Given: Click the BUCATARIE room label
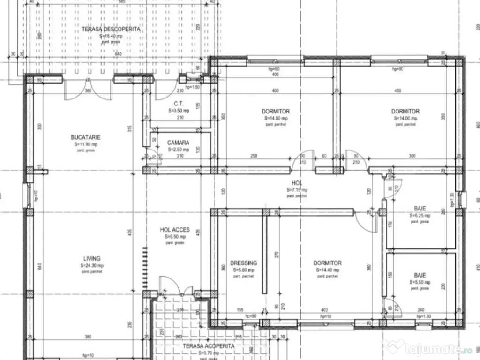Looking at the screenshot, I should pyautogui.click(x=86, y=137).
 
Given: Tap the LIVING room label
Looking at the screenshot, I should pyautogui.click(x=92, y=258).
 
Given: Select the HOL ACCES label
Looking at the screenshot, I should pyautogui.click(x=175, y=230).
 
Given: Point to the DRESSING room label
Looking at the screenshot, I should pyautogui.click(x=243, y=263).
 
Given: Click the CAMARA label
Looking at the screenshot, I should pyautogui.click(x=178, y=142).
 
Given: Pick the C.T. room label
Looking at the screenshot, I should pyautogui.click(x=178, y=103).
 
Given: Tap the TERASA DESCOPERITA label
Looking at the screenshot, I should pyautogui.click(x=111, y=29).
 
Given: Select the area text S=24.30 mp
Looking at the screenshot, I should pyautogui.click(x=92, y=265).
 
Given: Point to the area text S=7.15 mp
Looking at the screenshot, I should pyautogui.click(x=297, y=190).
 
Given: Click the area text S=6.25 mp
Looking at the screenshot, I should pyautogui.click(x=420, y=216).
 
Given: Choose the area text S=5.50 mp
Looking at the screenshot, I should pyautogui.click(x=420, y=283).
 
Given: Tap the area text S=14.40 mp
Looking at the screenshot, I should pyautogui.click(x=327, y=270).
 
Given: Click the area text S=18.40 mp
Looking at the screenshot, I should pyautogui.click(x=111, y=36).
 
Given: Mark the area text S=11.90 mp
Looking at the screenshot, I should pyautogui.click(x=86, y=144).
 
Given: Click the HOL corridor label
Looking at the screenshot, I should pyautogui.click(x=297, y=183).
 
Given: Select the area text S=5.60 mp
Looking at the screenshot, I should pyautogui.click(x=243, y=270).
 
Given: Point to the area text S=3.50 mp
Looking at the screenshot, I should pyautogui.click(x=178, y=111).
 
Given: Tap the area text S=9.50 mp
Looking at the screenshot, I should pyautogui.click(x=175, y=237).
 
